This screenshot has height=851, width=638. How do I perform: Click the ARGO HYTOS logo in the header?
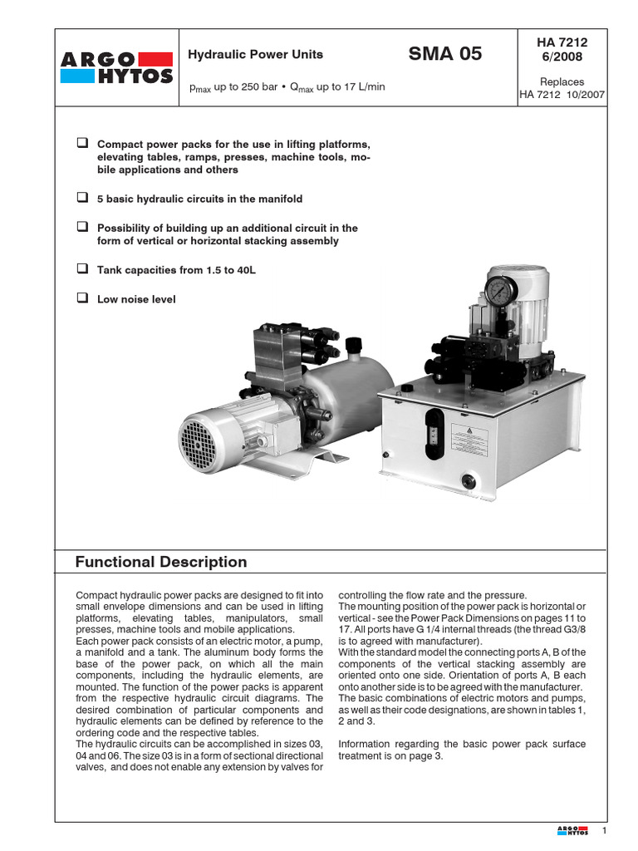(117, 67)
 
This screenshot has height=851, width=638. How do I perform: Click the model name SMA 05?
(444, 55)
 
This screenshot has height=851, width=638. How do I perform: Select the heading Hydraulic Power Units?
(255, 55)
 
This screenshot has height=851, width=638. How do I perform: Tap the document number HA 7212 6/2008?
(562, 48)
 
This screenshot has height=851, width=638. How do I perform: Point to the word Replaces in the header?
(562, 81)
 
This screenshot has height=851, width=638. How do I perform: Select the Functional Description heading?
(161, 562)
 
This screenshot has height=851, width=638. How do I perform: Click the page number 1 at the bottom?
(605, 831)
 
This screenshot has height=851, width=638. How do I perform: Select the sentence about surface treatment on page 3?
(462, 750)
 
